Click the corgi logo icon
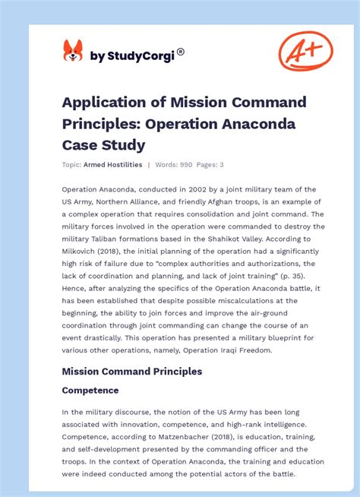click(x=72, y=51)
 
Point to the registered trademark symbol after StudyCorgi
click(x=181, y=52)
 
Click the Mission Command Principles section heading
click(x=132, y=372)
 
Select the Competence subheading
click(x=90, y=391)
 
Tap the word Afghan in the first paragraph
click(x=218, y=201)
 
